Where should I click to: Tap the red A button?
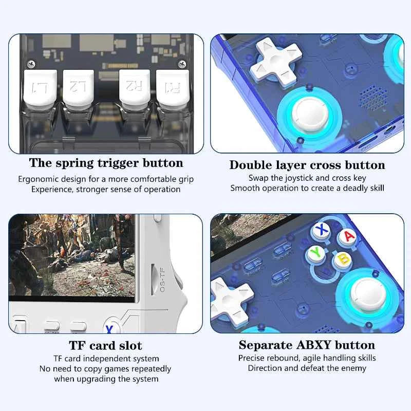(x=349, y=236)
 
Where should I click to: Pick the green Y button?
(x=315, y=253)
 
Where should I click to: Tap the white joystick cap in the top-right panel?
(x=307, y=114)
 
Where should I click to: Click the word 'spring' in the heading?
(x=80, y=163)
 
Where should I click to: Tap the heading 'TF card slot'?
(x=105, y=345)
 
